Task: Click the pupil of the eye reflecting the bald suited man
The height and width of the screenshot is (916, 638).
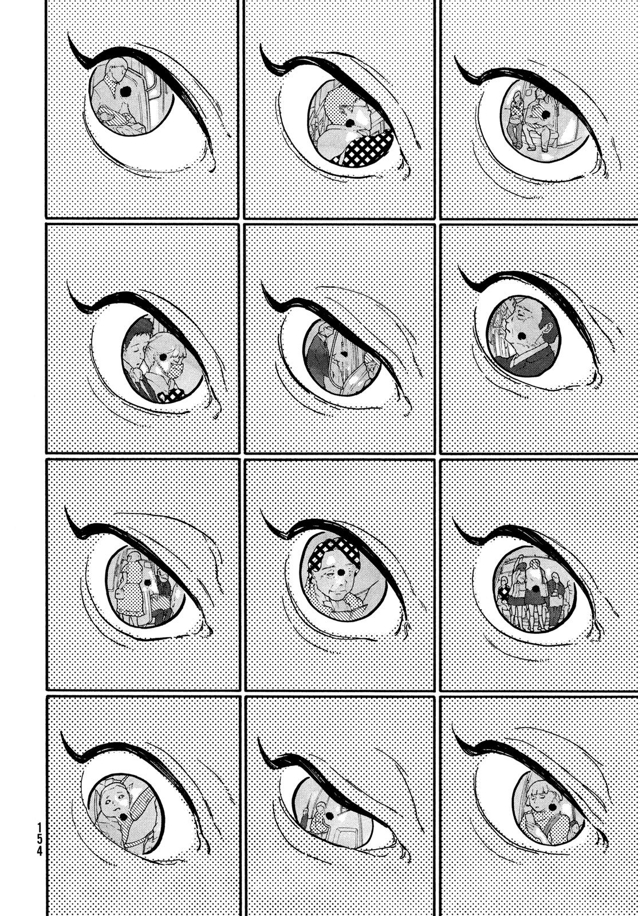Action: point(521,336)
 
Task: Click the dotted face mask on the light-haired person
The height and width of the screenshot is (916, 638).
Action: point(176,372)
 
